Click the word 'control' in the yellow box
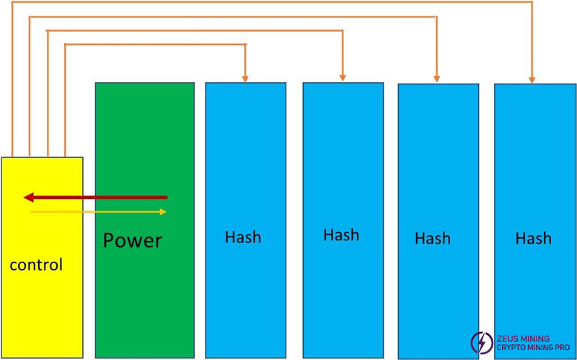(x=36, y=265)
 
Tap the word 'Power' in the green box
(x=133, y=240)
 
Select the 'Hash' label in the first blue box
(x=243, y=237)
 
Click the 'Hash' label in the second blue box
(x=341, y=235)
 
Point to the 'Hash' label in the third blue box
(x=433, y=238)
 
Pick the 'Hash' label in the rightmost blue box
(x=533, y=238)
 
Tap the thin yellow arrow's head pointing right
(x=163, y=211)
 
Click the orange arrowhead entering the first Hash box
(x=245, y=77)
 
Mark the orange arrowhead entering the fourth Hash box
(x=532, y=79)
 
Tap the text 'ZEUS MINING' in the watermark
(x=522, y=338)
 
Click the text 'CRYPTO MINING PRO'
(x=532, y=348)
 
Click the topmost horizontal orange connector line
(x=274, y=2)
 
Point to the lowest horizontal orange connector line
(x=155, y=45)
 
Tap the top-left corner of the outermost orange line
(x=13, y=2)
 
